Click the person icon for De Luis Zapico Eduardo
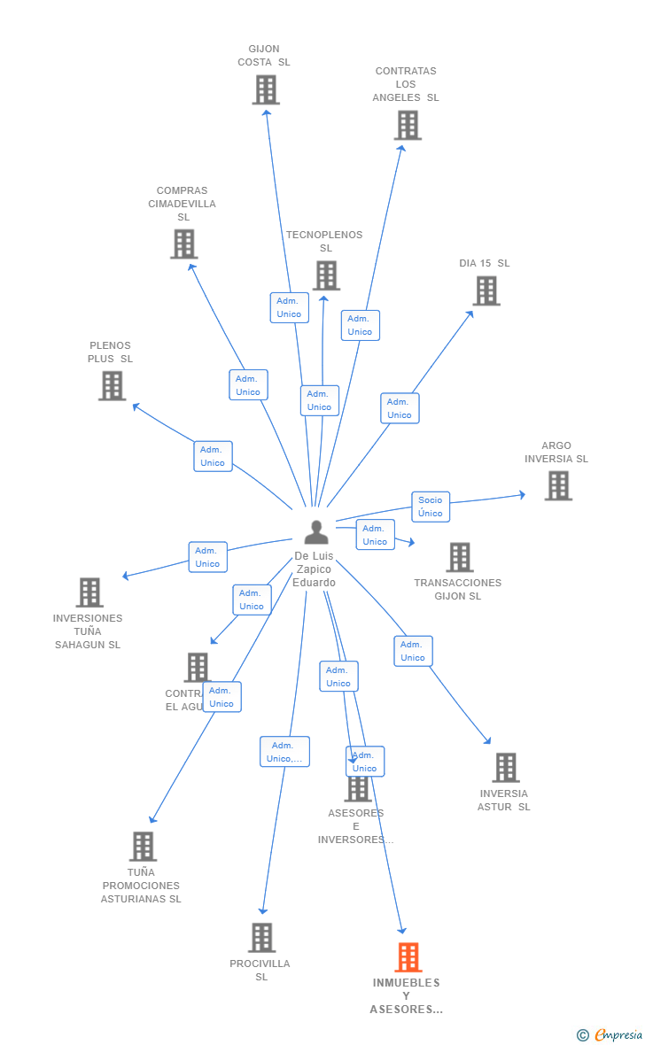[x=316, y=532]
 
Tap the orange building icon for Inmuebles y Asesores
[x=408, y=957]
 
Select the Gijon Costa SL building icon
[x=266, y=89]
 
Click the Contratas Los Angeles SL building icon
[x=408, y=125]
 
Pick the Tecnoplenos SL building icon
[x=326, y=275]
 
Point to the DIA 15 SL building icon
[x=486, y=290]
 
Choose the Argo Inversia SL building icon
[x=558, y=485]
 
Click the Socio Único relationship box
[x=431, y=507]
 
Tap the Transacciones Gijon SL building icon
[x=460, y=557]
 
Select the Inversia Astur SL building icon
[x=506, y=768]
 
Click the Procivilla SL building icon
[x=261, y=937]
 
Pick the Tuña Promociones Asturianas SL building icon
[x=143, y=846]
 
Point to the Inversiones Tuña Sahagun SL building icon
[x=89, y=592]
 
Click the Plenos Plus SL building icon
[x=112, y=385]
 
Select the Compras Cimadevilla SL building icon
[x=183, y=244]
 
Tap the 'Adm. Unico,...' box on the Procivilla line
[x=284, y=752]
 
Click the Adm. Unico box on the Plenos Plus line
[x=213, y=456]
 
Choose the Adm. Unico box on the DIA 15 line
[x=400, y=408]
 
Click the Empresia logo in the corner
[x=611, y=1034]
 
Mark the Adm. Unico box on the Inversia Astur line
[x=413, y=651]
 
